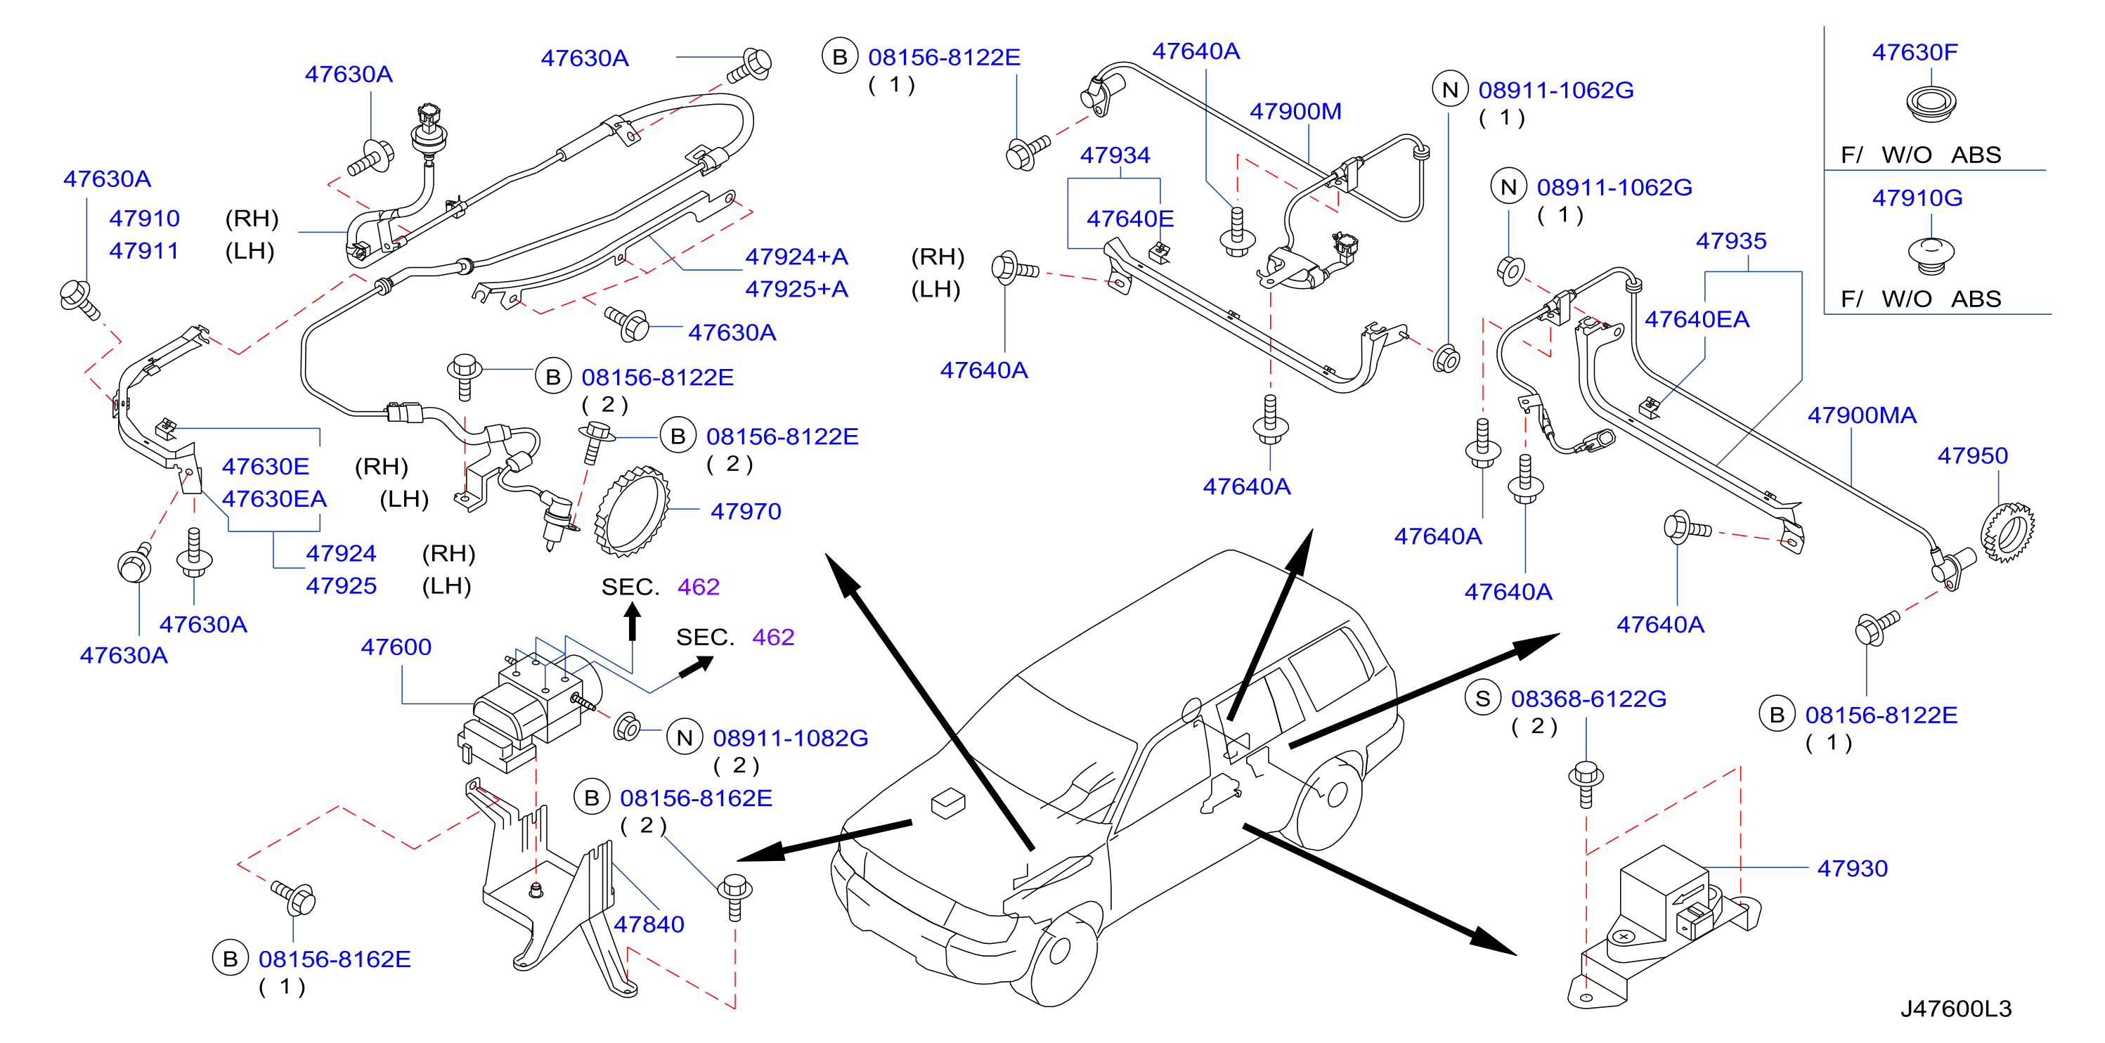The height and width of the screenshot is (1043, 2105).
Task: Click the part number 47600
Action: [x=396, y=647]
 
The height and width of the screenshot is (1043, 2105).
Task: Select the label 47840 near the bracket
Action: [x=649, y=924]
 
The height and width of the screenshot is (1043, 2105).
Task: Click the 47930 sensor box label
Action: [x=1853, y=869]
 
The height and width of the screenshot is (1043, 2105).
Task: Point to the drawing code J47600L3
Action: [x=1955, y=1009]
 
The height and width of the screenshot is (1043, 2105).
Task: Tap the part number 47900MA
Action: [x=1862, y=416]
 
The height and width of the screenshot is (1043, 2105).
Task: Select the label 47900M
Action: [x=1296, y=112]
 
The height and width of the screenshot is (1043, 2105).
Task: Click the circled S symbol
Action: [x=1482, y=699]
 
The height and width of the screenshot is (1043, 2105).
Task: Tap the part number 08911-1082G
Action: [x=790, y=739]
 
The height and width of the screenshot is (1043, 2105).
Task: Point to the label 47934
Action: [x=1115, y=155]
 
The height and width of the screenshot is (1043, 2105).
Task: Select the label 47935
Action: [x=1731, y=241]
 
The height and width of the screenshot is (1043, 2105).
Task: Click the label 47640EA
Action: [x=1697, y=320]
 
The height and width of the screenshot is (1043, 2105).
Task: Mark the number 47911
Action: [x=144, y=251]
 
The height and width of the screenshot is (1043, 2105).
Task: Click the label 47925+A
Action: [x=797, y=290]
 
